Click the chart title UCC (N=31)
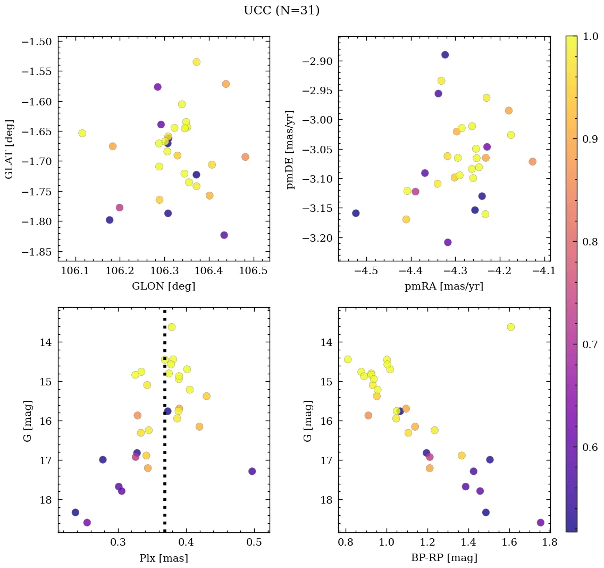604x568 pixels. click(281, 11)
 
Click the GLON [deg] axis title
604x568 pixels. click(163, 286)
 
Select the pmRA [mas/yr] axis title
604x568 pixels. click(444, 286)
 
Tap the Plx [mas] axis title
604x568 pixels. click(163, 558)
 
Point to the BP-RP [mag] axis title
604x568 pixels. click(444, 558)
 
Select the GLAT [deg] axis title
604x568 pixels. click(9, 149)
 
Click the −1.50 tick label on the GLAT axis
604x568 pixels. click(36, 42)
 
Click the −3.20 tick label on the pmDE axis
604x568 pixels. click(317, 237)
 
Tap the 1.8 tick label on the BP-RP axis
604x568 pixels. click(549, 544)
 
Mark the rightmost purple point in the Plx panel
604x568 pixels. click(252, 471)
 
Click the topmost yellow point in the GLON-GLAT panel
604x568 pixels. click(197, 62)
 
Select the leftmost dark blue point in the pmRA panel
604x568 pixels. click(356, 213)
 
